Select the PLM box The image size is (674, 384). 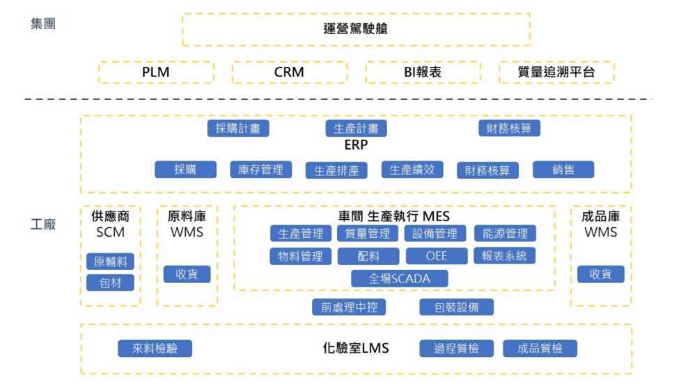coord(156,72)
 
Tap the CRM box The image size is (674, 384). coord(289,72)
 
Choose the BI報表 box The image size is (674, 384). coord(423,72)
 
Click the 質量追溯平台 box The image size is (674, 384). coord(556,72)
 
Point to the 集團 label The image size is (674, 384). coord(43,24)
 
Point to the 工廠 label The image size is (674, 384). coord(43,225)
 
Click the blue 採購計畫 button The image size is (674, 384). coord(238,128)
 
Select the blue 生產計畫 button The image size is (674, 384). coord(356,128)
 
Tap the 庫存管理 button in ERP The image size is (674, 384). coord(260,169)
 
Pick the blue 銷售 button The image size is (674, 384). coord(563,169)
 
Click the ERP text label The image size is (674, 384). coord(356,145)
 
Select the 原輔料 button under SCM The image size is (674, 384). coord(111,262)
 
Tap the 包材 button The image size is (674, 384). coord(111,282)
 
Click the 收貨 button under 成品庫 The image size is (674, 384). coord(600,274)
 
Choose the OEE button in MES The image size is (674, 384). coord(437,256)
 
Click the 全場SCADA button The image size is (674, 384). coord(400,278)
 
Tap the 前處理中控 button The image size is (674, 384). coord(349,307)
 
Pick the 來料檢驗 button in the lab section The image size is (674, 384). coord(155,349)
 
